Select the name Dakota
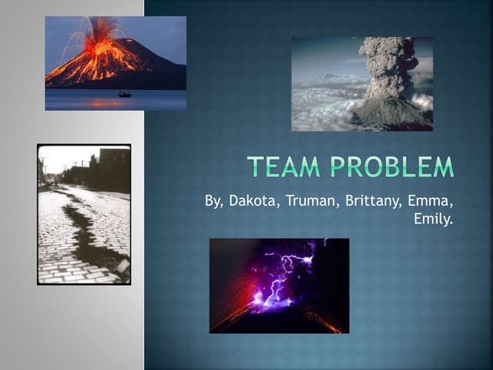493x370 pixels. (251, 202)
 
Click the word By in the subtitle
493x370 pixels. (214, 202)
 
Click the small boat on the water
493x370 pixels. (125, 94)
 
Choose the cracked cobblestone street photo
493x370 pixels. (84, 214)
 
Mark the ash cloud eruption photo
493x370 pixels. (361, 83)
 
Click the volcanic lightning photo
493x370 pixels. (279, 285)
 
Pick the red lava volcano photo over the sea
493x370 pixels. (115, 63)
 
